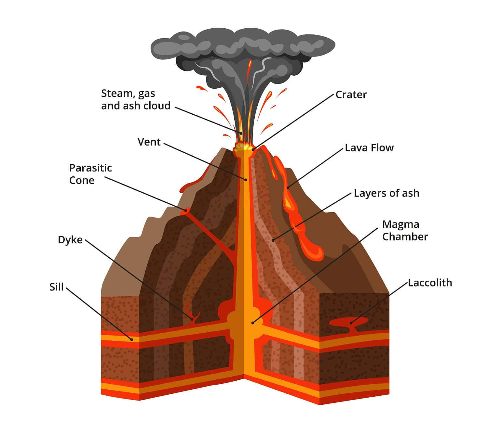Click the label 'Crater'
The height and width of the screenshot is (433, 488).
pos(351,95)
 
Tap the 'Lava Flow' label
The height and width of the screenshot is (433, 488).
pos(369,148)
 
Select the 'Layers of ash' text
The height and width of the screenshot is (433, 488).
pos(386,194)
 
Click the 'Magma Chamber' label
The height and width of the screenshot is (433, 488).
pos(404,231)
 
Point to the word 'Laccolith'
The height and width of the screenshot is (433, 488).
pos(430,283)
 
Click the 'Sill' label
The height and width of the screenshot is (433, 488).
pos(56,287)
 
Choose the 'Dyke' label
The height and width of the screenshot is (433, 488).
pos(70,240)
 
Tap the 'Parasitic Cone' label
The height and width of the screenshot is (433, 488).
pos(90,174)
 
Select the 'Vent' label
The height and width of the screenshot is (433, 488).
pos(149,142)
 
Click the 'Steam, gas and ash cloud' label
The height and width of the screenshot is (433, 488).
pos(136,100)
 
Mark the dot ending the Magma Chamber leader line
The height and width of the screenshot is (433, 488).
pos(253,323)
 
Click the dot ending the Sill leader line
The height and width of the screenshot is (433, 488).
pos(132,340)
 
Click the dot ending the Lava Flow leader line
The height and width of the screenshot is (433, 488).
pos(288,188)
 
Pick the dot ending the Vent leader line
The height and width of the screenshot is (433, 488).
pos(246,180)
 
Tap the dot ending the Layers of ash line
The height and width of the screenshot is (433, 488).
pos(273,240)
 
